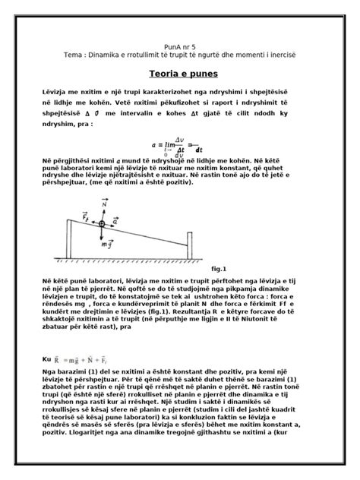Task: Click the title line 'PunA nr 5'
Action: click(180, 46)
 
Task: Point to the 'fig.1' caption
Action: click(219, 268)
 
